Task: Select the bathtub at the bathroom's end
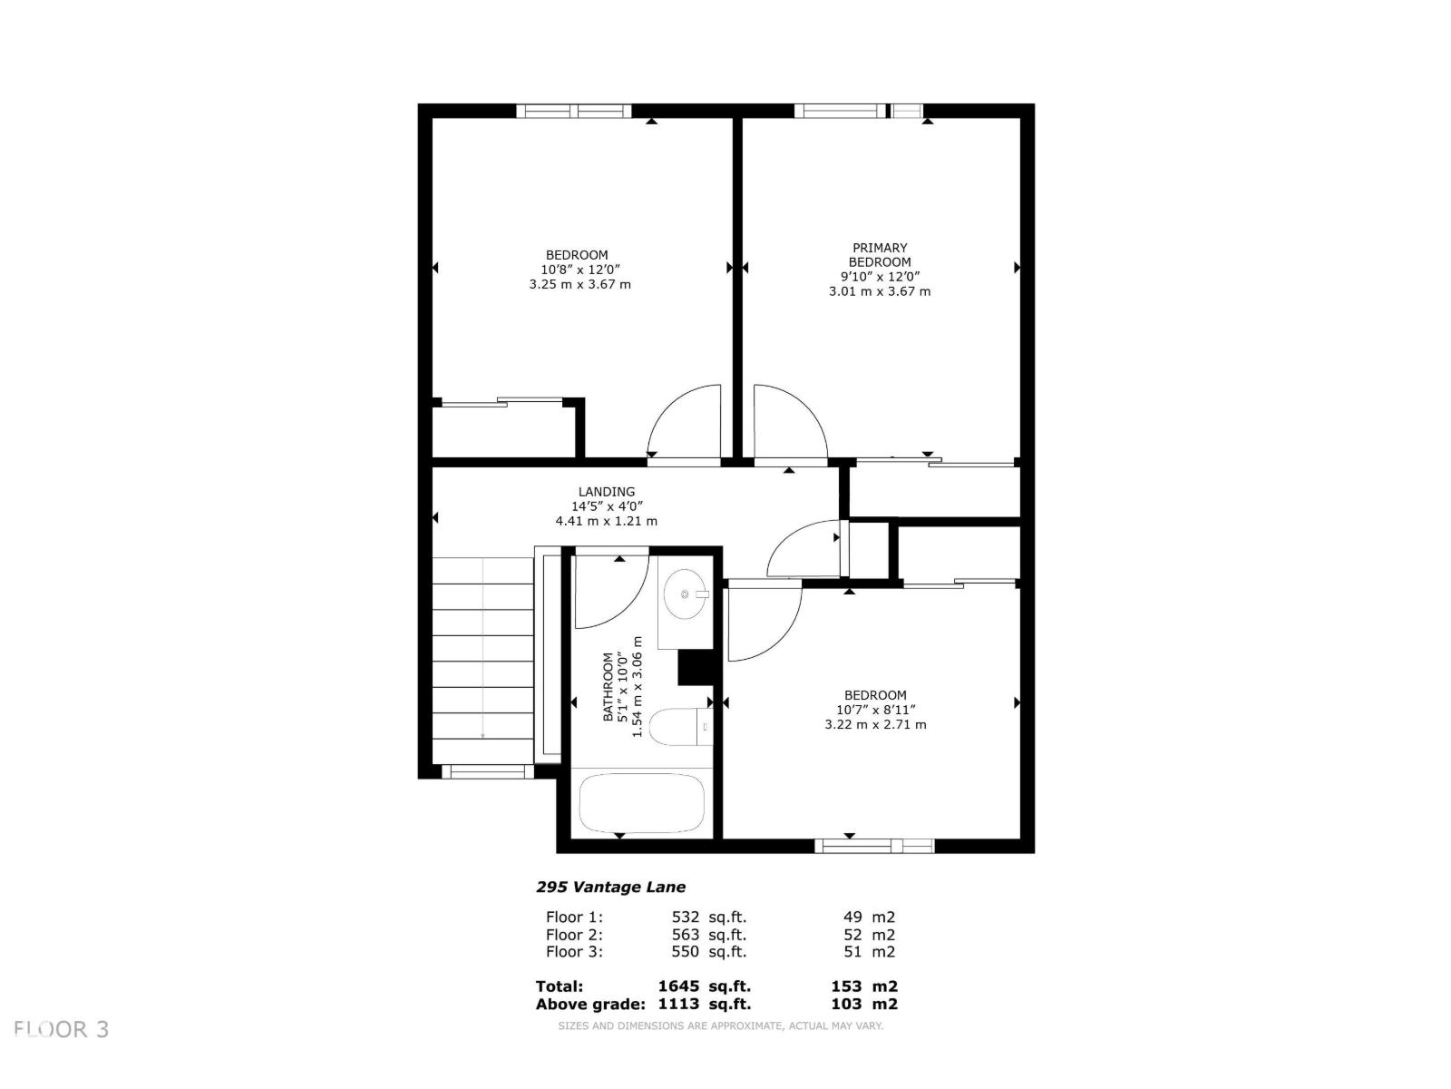coord(642,803)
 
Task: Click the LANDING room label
coord(607,492)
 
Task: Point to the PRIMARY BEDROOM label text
coord(879,255)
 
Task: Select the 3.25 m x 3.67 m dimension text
coord(579,284)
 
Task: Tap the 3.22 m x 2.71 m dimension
coord(875,724)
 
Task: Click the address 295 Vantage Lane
coord(610,887)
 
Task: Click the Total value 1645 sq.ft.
coord(704,986)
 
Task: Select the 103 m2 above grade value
coord(863,1004)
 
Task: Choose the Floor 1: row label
coord(574,917)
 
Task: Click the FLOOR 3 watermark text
coord(62,1029)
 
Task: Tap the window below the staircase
coord(487,772)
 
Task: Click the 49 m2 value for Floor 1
coord(869,917)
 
